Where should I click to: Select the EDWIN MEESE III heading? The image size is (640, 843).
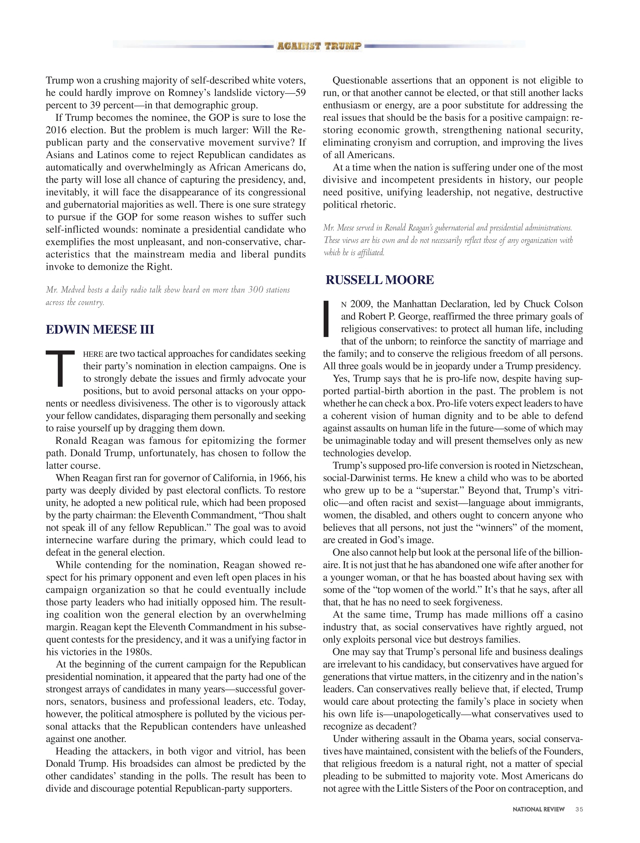(100, 329)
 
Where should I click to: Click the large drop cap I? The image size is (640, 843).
(326, 319)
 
